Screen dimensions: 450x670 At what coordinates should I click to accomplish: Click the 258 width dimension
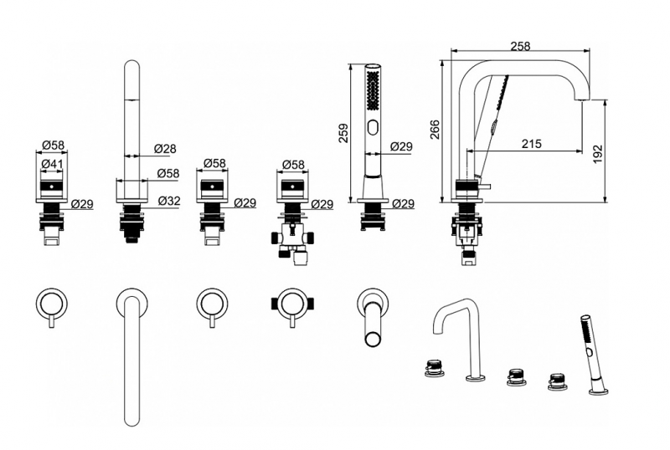coord(519,47)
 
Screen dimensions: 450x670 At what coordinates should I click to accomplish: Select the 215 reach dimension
coord(531,143)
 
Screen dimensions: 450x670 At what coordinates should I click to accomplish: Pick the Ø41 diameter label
coord(52,165)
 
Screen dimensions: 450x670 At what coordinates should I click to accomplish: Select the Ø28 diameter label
coord(165,149)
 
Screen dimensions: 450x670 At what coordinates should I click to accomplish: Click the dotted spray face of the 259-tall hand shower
coord(373,89)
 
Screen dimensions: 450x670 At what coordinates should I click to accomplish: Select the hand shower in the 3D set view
coord(590,351)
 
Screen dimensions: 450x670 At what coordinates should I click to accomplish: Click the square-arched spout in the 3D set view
coord(456,335)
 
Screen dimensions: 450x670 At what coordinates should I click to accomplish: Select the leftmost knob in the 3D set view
coord(434,366)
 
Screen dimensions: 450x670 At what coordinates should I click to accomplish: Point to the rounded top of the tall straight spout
coord(132,67)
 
